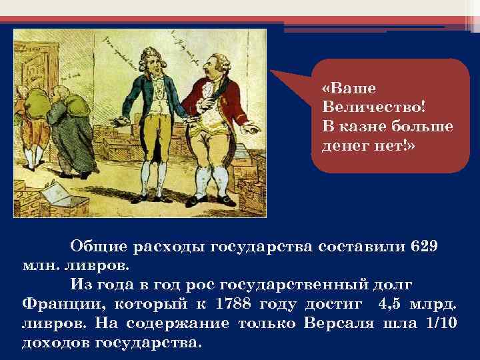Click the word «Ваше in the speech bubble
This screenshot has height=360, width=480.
[x=349, y=89]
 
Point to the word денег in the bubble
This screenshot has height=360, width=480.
[x=346, y=144]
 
